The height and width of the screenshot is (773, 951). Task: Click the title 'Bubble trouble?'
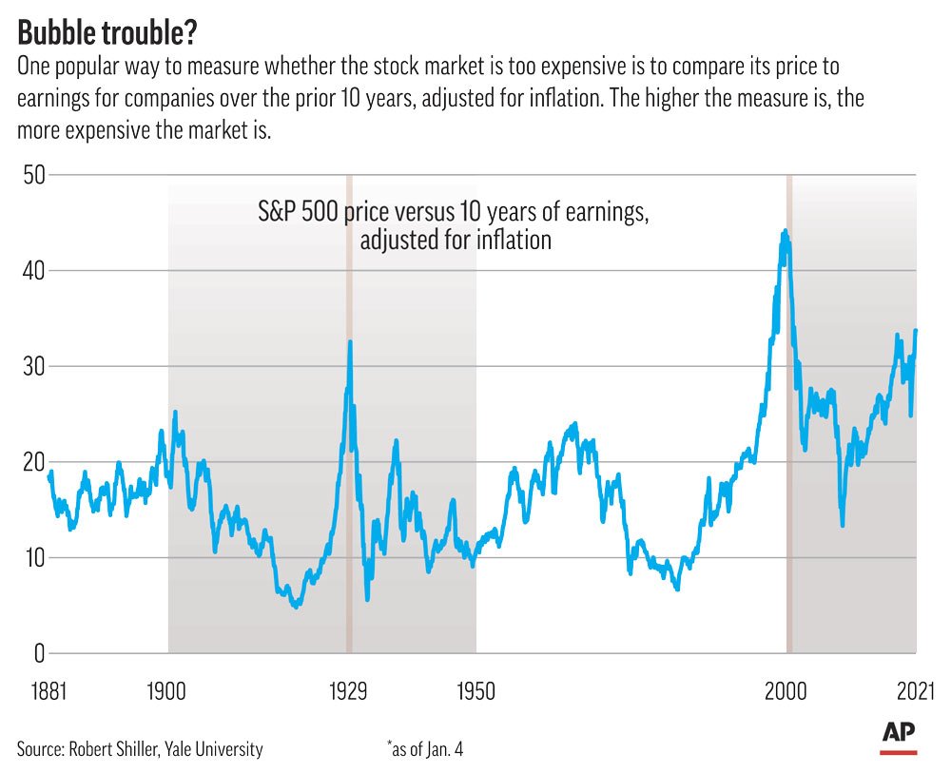(x=109, y=32)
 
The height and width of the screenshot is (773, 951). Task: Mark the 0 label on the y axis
(x=38, y=653)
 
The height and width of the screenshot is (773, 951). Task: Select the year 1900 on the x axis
(x=167, y=690)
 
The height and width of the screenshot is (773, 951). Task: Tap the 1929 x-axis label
(x=348, y=690)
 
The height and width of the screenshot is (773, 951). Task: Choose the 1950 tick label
(x=475, y=690)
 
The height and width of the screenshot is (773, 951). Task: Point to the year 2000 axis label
(x=787, y=690)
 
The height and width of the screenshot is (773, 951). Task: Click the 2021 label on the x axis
(x=915, y=690)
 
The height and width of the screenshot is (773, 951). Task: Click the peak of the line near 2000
(x=785, y=231)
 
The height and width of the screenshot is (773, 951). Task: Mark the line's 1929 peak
(x=350, y=341)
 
